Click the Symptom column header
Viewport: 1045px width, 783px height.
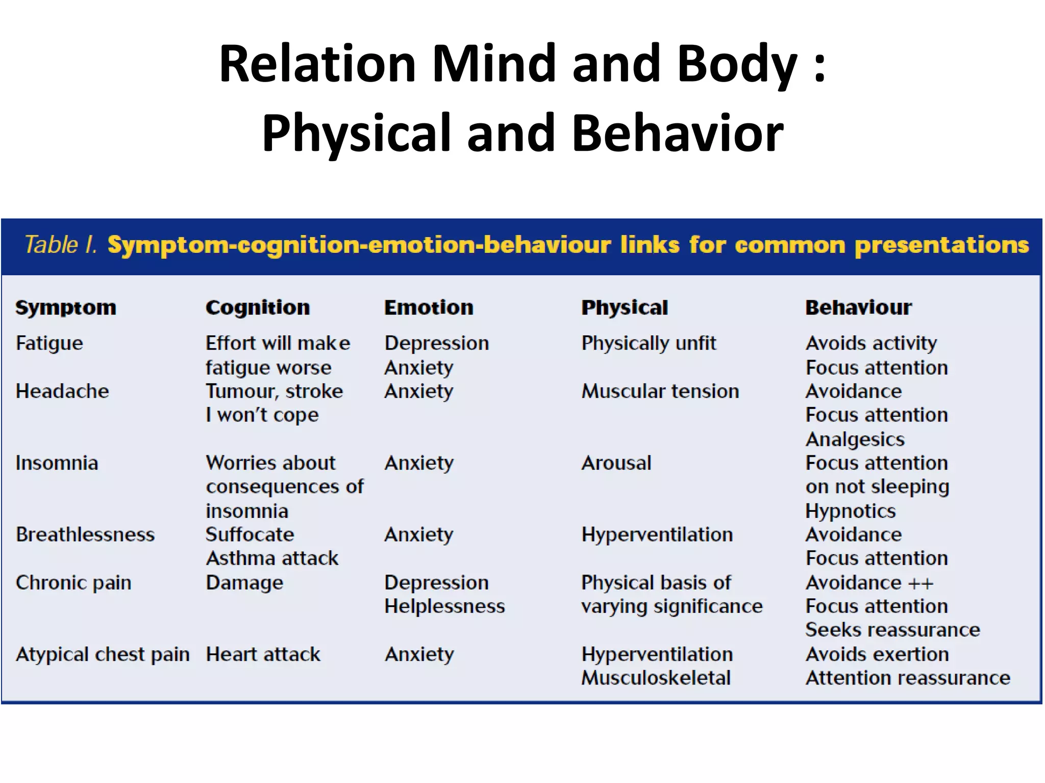point(66,307)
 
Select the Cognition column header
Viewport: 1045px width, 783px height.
point(258,307)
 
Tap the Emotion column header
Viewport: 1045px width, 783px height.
point(429,307)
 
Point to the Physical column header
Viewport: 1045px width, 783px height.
point(625,307)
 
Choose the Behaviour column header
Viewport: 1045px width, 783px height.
point(858,307)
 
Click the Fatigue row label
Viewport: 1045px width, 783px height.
point(49,343)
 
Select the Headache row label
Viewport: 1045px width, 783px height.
point(62,391)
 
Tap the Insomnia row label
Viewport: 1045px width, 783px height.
point(57,463)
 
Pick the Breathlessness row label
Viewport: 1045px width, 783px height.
point(85,534)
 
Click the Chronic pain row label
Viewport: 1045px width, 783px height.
point(73,582)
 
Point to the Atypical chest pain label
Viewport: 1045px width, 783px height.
point(103,654)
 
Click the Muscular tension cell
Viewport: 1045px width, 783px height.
point(660,391)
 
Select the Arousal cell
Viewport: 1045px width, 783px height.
point(616,463)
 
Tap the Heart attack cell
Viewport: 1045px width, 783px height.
point(263,654)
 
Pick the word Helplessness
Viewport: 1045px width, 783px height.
point(444,606)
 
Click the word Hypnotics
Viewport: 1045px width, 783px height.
point(851,510)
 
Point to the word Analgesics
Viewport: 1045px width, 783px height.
point(855,439)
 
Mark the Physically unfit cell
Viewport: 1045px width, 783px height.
point(649,343)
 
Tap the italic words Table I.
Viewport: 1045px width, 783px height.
point(61,245)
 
